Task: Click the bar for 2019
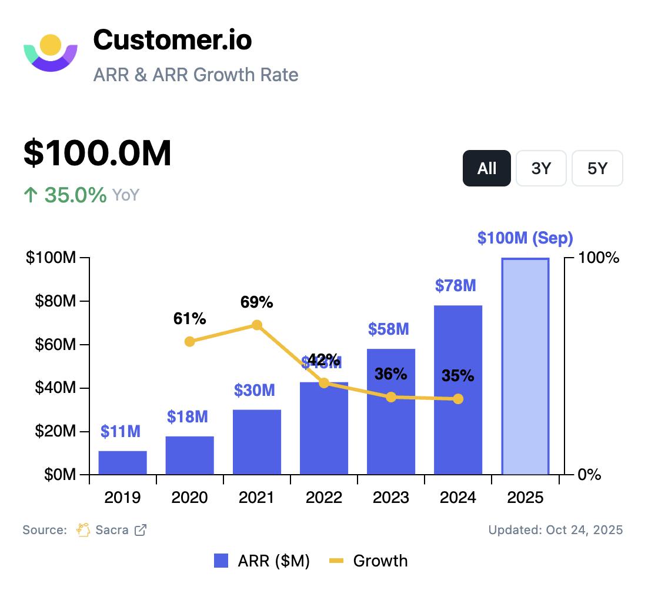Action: [x=122, y=462]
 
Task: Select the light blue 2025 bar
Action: [x=525, y=366]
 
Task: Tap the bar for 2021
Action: [x=257, y=442]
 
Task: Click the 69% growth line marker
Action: [x=257, y=325]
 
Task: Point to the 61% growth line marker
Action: [x=189, y=342]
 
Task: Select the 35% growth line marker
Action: [x=458, y=399]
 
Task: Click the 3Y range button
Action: [x=541, y=169]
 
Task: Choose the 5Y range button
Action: [x=597, y=169]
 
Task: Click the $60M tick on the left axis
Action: [x=52, y=345]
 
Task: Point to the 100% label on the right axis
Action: [x=599, y=258]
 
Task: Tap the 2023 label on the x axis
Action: [x=391, y=498]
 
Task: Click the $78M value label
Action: [x=456, y=286]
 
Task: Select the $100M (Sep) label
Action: [x=525, y=238]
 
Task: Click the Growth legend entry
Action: [x=369, y=561]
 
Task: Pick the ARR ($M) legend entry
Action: [x=262, y=561]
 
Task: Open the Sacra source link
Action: [x=112, y=530]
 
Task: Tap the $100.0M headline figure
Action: [x=98, y=154]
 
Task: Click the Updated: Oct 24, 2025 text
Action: [x=555, y=530]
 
